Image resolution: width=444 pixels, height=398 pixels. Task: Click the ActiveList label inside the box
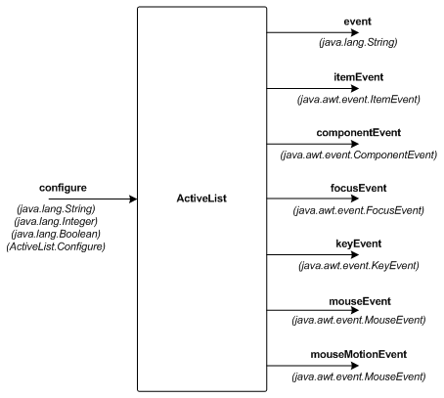click(201, 199)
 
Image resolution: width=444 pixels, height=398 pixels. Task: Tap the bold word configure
click(63, 188)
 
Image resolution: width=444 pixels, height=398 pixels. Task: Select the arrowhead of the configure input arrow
click(133, 199)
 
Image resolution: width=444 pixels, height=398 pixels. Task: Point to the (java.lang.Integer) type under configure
click(56, 222)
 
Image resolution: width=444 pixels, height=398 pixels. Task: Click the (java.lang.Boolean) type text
click(56, 234)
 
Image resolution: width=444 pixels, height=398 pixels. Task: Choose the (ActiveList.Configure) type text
click(56, 246)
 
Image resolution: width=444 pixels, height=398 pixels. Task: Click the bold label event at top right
click(358, 22)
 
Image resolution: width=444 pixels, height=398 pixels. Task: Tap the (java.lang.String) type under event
click(358, 42)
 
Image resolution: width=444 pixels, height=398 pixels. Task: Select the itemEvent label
click(358, 77)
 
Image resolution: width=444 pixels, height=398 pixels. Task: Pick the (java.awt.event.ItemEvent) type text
click(359, 99)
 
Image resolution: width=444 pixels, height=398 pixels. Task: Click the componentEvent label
click(359, 133)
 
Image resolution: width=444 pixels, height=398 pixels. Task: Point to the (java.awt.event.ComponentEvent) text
click(359, 155)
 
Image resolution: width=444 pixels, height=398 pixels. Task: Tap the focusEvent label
click(359, 188)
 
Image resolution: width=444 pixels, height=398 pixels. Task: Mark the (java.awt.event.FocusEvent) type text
click(359, 210)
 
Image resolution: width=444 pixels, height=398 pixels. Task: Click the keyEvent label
click(359, 243)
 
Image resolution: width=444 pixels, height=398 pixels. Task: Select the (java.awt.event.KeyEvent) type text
click(359, 266)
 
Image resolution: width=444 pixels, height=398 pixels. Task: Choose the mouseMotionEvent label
click(359, 354)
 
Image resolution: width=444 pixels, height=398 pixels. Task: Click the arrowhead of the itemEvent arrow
click(355, 88)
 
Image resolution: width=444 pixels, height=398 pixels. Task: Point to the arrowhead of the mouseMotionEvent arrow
click(355, 366)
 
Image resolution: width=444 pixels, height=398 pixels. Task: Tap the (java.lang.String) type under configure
click(56, 209)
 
